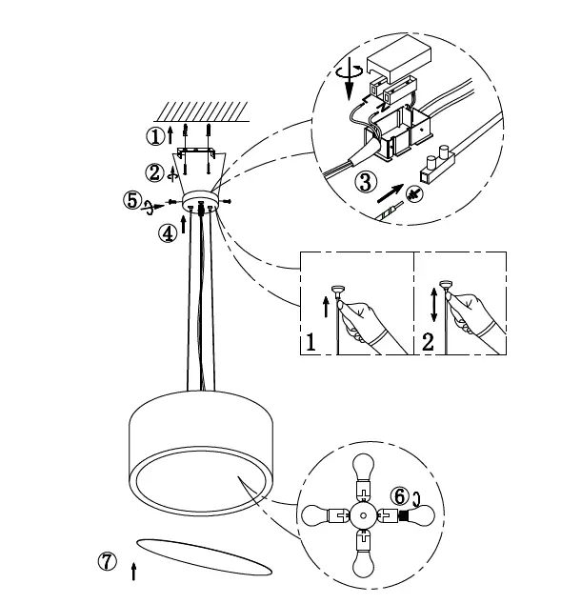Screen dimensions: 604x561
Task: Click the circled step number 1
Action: pyautogui.click(x=154, y=136)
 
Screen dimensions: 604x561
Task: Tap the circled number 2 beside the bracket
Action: pyautogui.click(x=154, y=172)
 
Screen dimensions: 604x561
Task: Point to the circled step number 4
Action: pyautogui.click(x=168, y=232)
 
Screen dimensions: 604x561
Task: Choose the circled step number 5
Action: pyautogui.click(x=133, y=201)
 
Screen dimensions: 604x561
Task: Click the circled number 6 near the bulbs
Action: pyautogui.click(x=400, y=496)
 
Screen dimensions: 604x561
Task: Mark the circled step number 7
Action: pyautogui.click(x=109, y=562)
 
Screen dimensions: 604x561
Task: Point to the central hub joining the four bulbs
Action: pyautogui.click(x=362, y=516)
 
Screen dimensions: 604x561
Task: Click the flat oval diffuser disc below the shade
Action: pyautogui.click(x=200, y=557)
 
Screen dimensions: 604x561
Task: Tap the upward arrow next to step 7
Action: pyautogui.click(x=133, y=571)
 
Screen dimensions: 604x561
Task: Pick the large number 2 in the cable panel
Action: pyautogui.click(x=428, y=342)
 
